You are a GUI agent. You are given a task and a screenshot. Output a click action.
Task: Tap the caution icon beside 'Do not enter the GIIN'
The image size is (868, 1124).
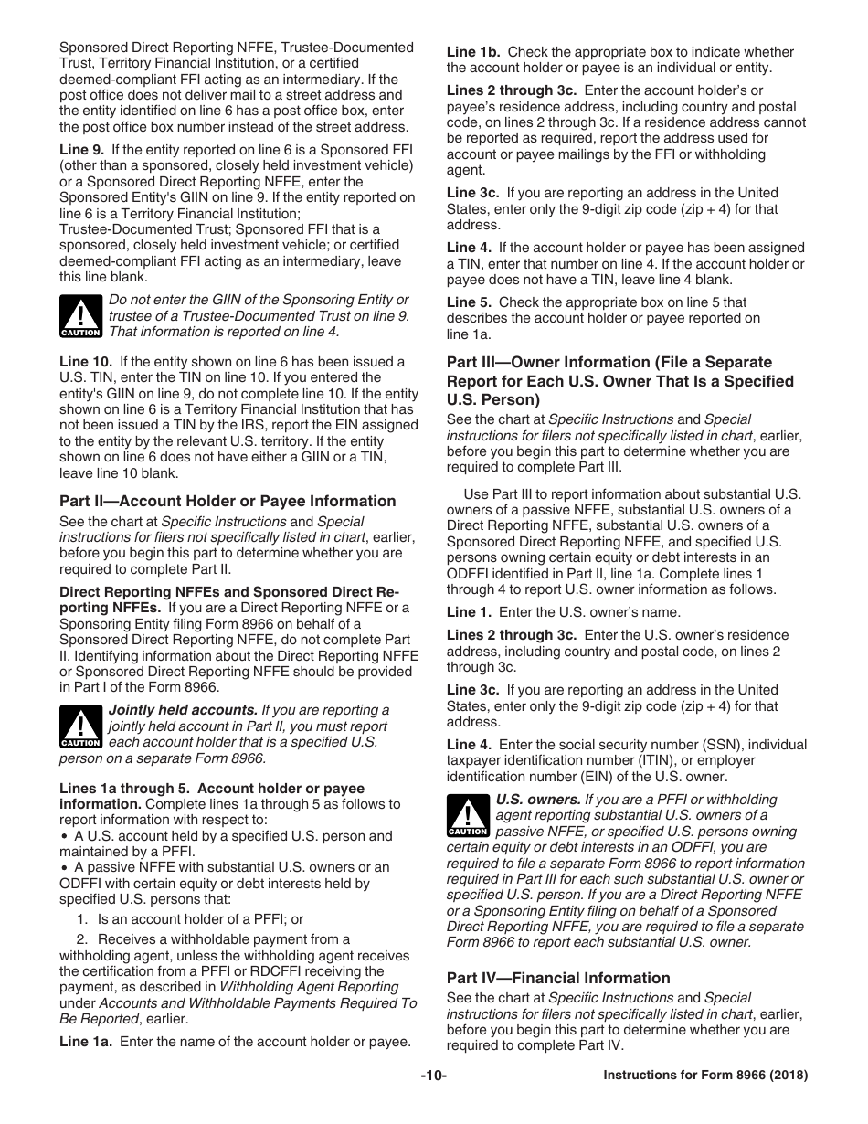(x=80, y=316)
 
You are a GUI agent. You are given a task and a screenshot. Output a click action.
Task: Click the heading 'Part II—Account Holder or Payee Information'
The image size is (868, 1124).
(x=228, y=501)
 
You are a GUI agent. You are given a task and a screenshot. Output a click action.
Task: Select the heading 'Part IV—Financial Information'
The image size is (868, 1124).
(x=557, y=978)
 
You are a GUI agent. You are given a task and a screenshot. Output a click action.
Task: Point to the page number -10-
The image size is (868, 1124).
(x=433, y=1076)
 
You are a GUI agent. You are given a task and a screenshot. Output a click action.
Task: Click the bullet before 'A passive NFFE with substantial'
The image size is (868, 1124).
(x=64, y=868)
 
